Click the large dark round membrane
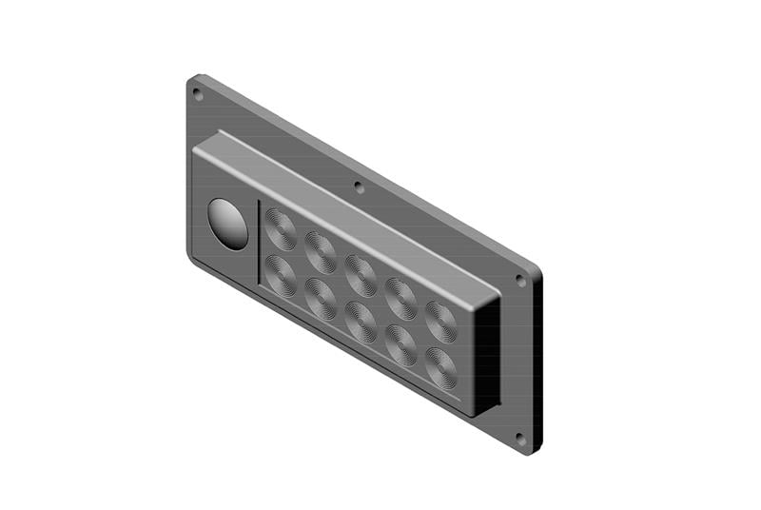point(227,225)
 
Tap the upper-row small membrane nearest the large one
point(281,228)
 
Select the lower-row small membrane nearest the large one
point(281,275)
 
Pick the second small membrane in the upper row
point(321,252)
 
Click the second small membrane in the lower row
point(321,298)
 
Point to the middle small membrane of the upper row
point(361,275)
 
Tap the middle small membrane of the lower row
point(361,321)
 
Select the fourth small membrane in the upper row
point(401,298)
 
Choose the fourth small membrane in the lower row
point(401,344)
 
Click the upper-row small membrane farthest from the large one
point(440,322)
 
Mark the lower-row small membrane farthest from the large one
point(440,367)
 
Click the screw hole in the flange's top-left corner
point(198,93)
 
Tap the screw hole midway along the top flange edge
point(358,186)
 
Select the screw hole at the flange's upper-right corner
point(519,281)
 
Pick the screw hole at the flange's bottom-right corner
point(519,439)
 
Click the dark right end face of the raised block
point(486,352)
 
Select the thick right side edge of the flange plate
point(537,362)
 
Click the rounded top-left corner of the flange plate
point(192,79)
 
